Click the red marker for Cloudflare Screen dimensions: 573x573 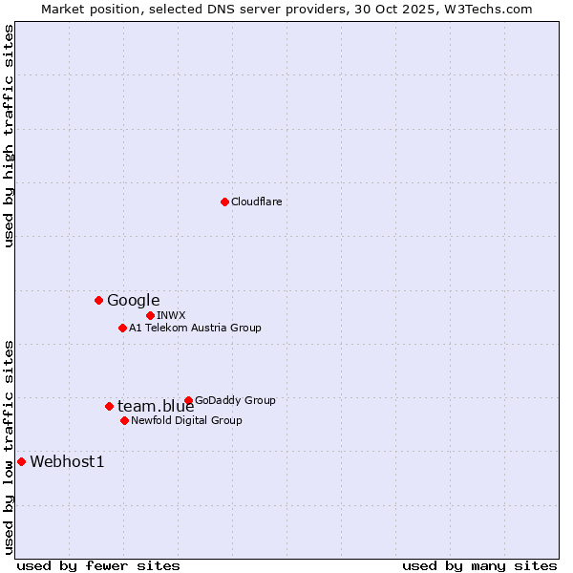pos(224,202)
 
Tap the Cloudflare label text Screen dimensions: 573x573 pos(256,202)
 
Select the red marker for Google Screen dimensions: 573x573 pos(98,300)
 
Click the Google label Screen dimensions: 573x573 pos(133,300)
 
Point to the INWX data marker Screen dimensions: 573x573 pos(150,315)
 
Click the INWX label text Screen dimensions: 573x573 pos(171,315)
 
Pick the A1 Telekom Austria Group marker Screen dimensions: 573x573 pos(122,328)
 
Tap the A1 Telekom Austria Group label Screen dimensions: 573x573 pos(195,328)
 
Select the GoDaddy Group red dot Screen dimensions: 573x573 pos(188,400)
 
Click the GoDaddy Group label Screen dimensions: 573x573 pos(234,400)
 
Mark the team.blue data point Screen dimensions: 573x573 pos(109,406)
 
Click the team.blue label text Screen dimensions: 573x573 pos(155,407)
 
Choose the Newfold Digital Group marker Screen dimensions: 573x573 pos(124,420)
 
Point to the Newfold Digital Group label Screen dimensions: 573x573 pos(186,420)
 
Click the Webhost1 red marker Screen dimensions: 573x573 pos(21,461)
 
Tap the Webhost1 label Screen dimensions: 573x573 pos(67,462)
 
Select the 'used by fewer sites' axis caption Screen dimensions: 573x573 pos(98,565)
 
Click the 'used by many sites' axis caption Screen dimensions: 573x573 pos(479,565)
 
